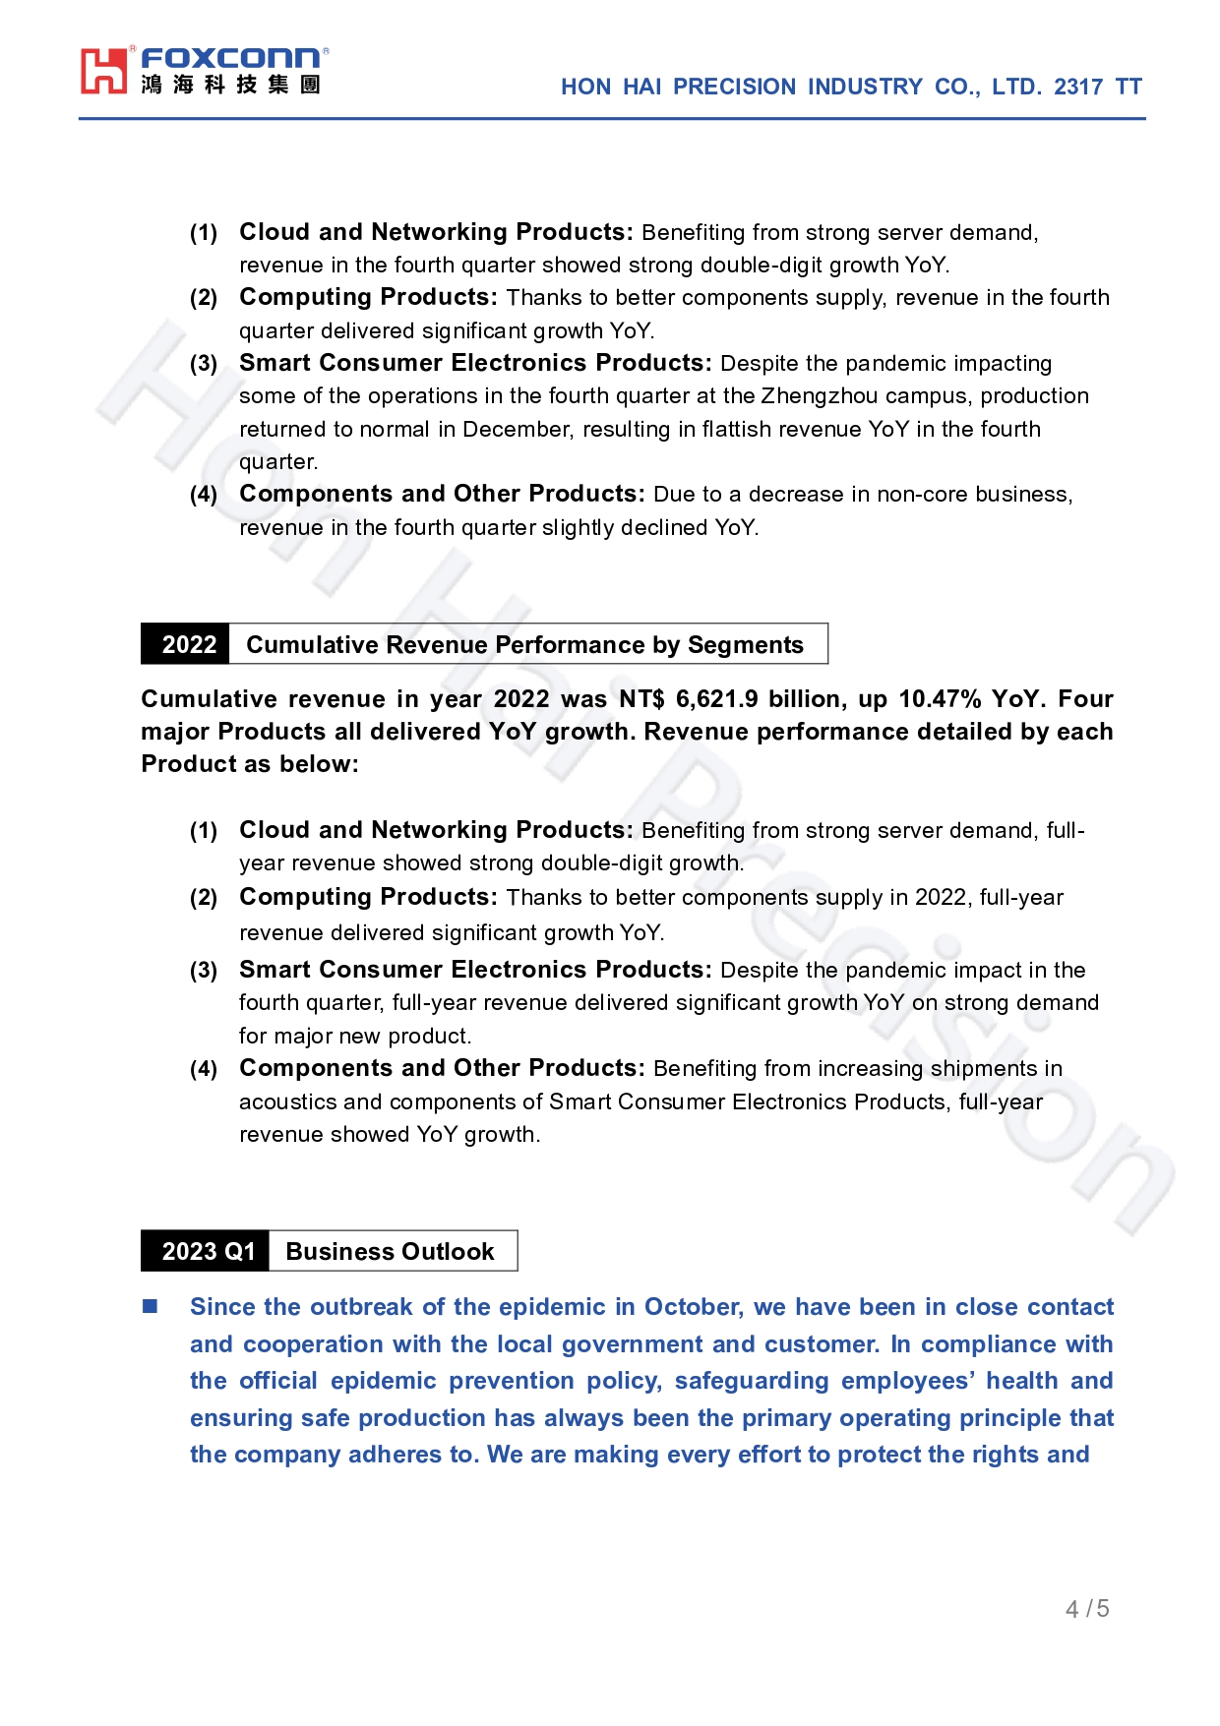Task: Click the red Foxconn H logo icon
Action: click(x=104, y=71)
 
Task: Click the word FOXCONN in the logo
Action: click(x=230, y=59)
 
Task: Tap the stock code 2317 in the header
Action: click(x=1078, y=88)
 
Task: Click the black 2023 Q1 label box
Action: click(x=207, y=1252)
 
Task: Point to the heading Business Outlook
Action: click(x=390, y=1252)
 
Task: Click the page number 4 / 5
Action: click(x=1087, y=1609)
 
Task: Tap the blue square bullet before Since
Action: click(x=151, y=1307)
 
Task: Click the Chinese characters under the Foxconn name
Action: click(x=230, y=86)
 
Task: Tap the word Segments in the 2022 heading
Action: click(x=745, y=645)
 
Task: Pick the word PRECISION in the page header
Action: click(x=734, y=88)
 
